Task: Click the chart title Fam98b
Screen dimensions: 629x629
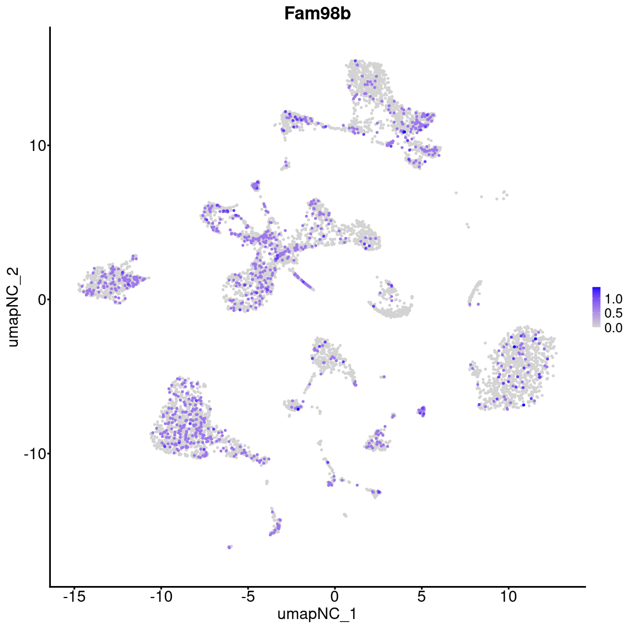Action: (x=317, y=14)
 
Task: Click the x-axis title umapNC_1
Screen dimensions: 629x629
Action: (x=317, y=614)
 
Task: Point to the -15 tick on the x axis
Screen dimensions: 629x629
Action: (x=74, y=597)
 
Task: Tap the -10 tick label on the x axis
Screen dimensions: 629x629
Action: (x=161, y=597)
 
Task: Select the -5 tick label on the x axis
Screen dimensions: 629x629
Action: (x=247, y=597)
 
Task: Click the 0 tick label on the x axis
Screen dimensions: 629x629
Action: (x=334, y=597)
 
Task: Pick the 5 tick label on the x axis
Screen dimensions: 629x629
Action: (x=421, y=597)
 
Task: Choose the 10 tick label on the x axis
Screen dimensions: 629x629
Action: (x=508, y=597)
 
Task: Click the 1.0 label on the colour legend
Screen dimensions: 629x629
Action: (x=614, y=299)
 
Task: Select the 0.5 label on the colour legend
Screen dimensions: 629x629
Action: (x=614, y=313)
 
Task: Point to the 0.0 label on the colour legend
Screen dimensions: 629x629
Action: (x=614, y=328)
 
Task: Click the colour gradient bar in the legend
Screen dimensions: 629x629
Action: (x=597, y=307)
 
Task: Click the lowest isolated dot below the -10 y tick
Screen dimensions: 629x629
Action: (x=230, y=547)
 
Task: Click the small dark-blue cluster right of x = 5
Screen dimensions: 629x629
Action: (x=421, y=411)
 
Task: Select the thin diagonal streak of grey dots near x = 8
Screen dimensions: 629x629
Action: (x=475, y=292)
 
